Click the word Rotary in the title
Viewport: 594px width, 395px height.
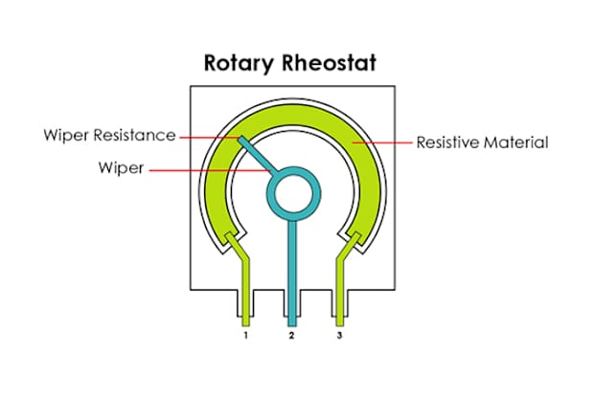tap(238, 63)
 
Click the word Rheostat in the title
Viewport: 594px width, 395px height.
tap(329, 62)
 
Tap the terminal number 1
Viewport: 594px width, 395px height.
tap(246, 335)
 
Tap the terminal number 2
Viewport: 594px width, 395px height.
tap(291, 335)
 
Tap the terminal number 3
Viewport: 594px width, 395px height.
tap(339, 335)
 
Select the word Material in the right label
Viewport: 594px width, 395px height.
tap(516, 143)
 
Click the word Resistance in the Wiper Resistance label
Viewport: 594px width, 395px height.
tap(135, 135)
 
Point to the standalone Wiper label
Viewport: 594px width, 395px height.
tap(122, 168)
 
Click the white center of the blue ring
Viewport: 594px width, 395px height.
tap(293, 194)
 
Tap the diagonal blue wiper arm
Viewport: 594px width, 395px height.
tap(258, 155)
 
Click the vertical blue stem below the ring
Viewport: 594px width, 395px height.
tap(292, 274)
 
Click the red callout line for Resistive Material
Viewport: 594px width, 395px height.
tap(382, 143)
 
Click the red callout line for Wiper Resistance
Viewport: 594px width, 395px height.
tap(210, 138)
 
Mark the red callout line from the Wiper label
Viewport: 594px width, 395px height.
tap(210, 170)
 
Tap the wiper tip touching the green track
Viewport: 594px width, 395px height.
tap(240, 140)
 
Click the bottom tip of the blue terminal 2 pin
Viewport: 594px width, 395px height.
tap(292, 326)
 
